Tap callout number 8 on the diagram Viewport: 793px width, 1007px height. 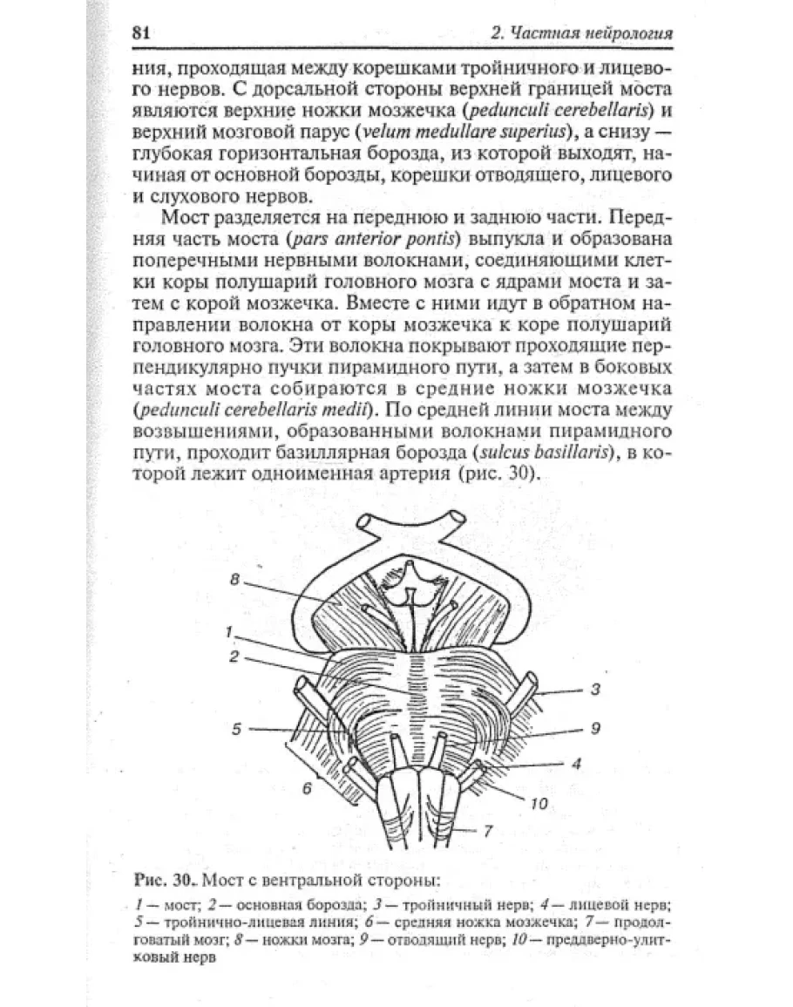click(234, 578)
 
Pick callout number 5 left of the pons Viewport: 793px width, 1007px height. click(235, 730)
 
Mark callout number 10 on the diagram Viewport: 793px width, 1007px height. click(539, 804)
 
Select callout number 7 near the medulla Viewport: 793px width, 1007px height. click(488, 831)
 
